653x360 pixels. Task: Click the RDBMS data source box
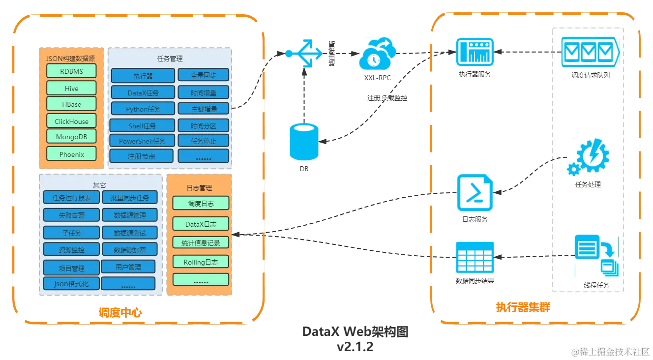click(71, 71)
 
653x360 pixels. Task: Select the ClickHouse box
click(71, 121)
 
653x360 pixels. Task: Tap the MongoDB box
click(71, 137)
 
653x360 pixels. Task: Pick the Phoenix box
click(71, 154)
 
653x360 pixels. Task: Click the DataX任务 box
click(143, 92)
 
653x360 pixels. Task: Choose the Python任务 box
click(143, 109)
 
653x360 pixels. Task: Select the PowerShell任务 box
click(142, 141)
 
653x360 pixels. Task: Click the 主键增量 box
click(204, 109)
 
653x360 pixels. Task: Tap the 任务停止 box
click(204, 141)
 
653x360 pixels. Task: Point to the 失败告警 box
click(71, 215)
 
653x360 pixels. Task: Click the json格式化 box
click(71, 284)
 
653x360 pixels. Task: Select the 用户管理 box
click(128, 267)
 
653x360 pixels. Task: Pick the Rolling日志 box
click(201, 262)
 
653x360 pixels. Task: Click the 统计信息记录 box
click(201, 242)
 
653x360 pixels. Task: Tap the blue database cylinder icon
click(302, 142)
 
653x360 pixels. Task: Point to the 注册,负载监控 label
click(387, 97)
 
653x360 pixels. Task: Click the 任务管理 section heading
click(170, 59)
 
